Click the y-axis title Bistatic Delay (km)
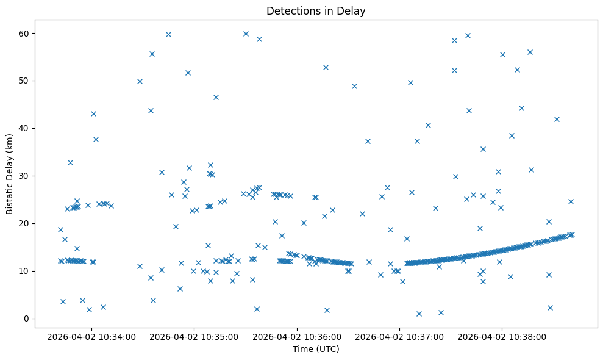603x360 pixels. pyautogui.click(x=10, y=175)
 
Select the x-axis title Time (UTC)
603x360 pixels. pyautogui.click(x=316, y=349)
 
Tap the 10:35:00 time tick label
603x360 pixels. pyautogui.click(x=195, y=336)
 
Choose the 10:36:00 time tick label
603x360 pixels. pyautogui.click(x=298, y=336)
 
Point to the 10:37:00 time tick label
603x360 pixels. pyautogui.click(x=400, y=336)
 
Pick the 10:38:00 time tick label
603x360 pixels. pyautogui.click(x=502, y=336)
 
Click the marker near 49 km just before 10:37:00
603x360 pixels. pyautogui.click(x=354, y=86)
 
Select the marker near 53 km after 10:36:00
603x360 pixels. pyautogui.click(x=326, y=67)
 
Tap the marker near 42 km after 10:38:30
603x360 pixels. pyautogui.click(x=557, y=119)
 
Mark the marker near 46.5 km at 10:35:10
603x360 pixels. pyautogui.click(x=216, y=97)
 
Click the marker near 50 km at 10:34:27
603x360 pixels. pyautogui.click(x=140, y=81)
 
